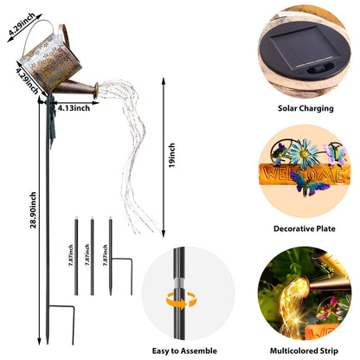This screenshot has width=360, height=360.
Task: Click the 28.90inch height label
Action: tap(34, 210)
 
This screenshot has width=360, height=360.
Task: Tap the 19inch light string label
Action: tap(172, 155)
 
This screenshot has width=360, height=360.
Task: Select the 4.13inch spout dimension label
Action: tap(74, 108)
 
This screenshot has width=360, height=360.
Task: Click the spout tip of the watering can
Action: tap(96, 90)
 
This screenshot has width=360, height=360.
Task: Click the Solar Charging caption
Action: tap(305, 108)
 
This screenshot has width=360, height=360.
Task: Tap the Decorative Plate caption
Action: tap(305, 228)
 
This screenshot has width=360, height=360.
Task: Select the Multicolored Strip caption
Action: tap(304, 350)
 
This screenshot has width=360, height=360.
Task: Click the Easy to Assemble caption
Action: tap(184, 350)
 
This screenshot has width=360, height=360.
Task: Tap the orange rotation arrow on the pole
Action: tap(181, 301)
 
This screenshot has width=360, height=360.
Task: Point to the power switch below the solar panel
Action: tap(320, 70)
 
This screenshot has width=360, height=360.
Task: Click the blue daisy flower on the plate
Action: tap(304, 153)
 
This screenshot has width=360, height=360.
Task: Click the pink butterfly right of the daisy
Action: tap(335, 154)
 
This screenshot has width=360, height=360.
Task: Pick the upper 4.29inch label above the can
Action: tap(22, 24)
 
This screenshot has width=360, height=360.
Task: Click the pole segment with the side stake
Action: tap(111, 257)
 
